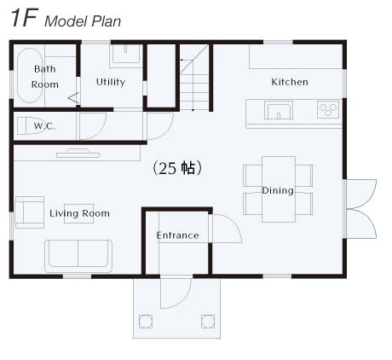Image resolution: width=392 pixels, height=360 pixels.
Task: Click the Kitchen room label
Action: pos(290,82)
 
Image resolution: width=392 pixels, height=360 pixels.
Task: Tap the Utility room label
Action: pos(111,82)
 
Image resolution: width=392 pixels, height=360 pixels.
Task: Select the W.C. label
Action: pos(44,125)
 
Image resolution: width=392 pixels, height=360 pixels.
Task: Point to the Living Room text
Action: pos(79,213)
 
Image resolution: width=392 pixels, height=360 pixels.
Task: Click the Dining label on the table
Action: pos(278,190)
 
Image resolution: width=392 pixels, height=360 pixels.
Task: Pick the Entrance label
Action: pos(177,235)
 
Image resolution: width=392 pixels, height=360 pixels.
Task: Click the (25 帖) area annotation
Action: pos(177,168)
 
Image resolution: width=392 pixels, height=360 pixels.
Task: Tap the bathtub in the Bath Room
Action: pos(30,75)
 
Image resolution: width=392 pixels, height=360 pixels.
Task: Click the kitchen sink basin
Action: pos(279,110)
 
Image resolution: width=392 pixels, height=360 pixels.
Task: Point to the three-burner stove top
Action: pos(328,109)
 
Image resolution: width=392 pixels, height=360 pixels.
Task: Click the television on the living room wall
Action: pos(78,154)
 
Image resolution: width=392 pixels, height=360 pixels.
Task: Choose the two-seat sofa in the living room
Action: pos(78,256)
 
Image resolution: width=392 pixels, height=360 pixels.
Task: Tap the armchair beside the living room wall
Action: pos(30,212)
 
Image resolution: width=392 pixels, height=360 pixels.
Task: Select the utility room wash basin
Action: pos(126,56)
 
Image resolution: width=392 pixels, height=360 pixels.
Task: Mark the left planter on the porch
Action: pos(146,322)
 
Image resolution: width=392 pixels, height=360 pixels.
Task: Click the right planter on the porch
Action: pos(208,322)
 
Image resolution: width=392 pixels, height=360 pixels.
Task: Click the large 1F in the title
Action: pos(25,18)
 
